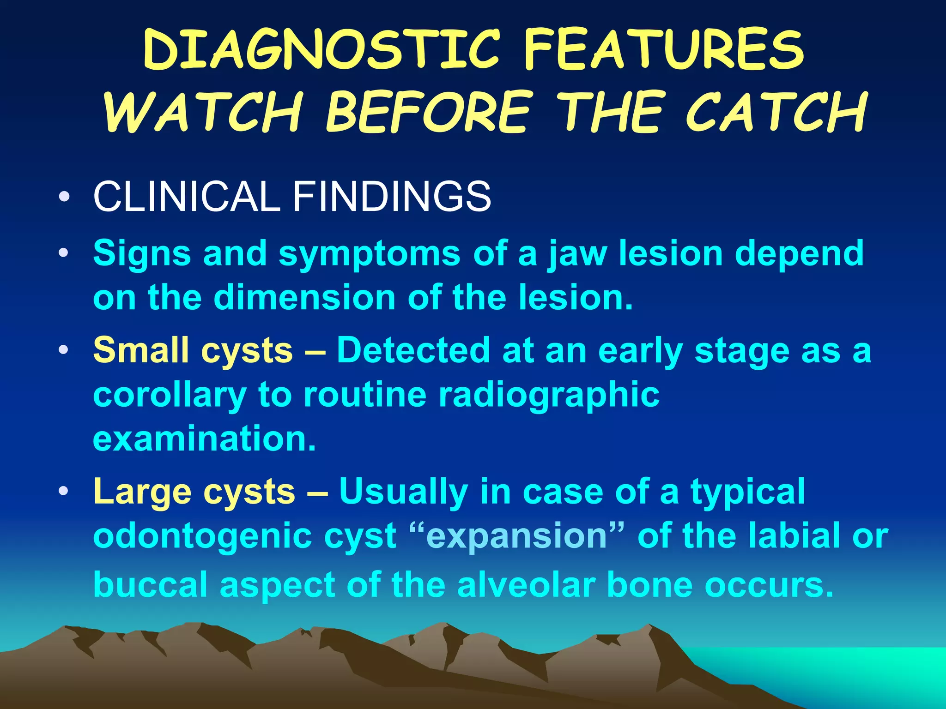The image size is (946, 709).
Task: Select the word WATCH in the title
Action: click(x=203, y=112)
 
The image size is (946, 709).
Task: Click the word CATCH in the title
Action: click(x=776, y=112)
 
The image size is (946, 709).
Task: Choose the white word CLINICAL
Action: click(x=187, y=197)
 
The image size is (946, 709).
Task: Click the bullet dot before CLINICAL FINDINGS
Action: click(x=64, y=198)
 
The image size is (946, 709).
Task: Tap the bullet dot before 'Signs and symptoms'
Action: click(x=64, y=253)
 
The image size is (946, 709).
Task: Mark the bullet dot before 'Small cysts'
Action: click(x=64, y=350)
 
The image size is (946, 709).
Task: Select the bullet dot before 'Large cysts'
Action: click(x=64, y=491)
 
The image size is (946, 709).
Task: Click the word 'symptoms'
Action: click(x=370, y=254)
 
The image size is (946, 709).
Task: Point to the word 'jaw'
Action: click(x=577, y=254)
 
